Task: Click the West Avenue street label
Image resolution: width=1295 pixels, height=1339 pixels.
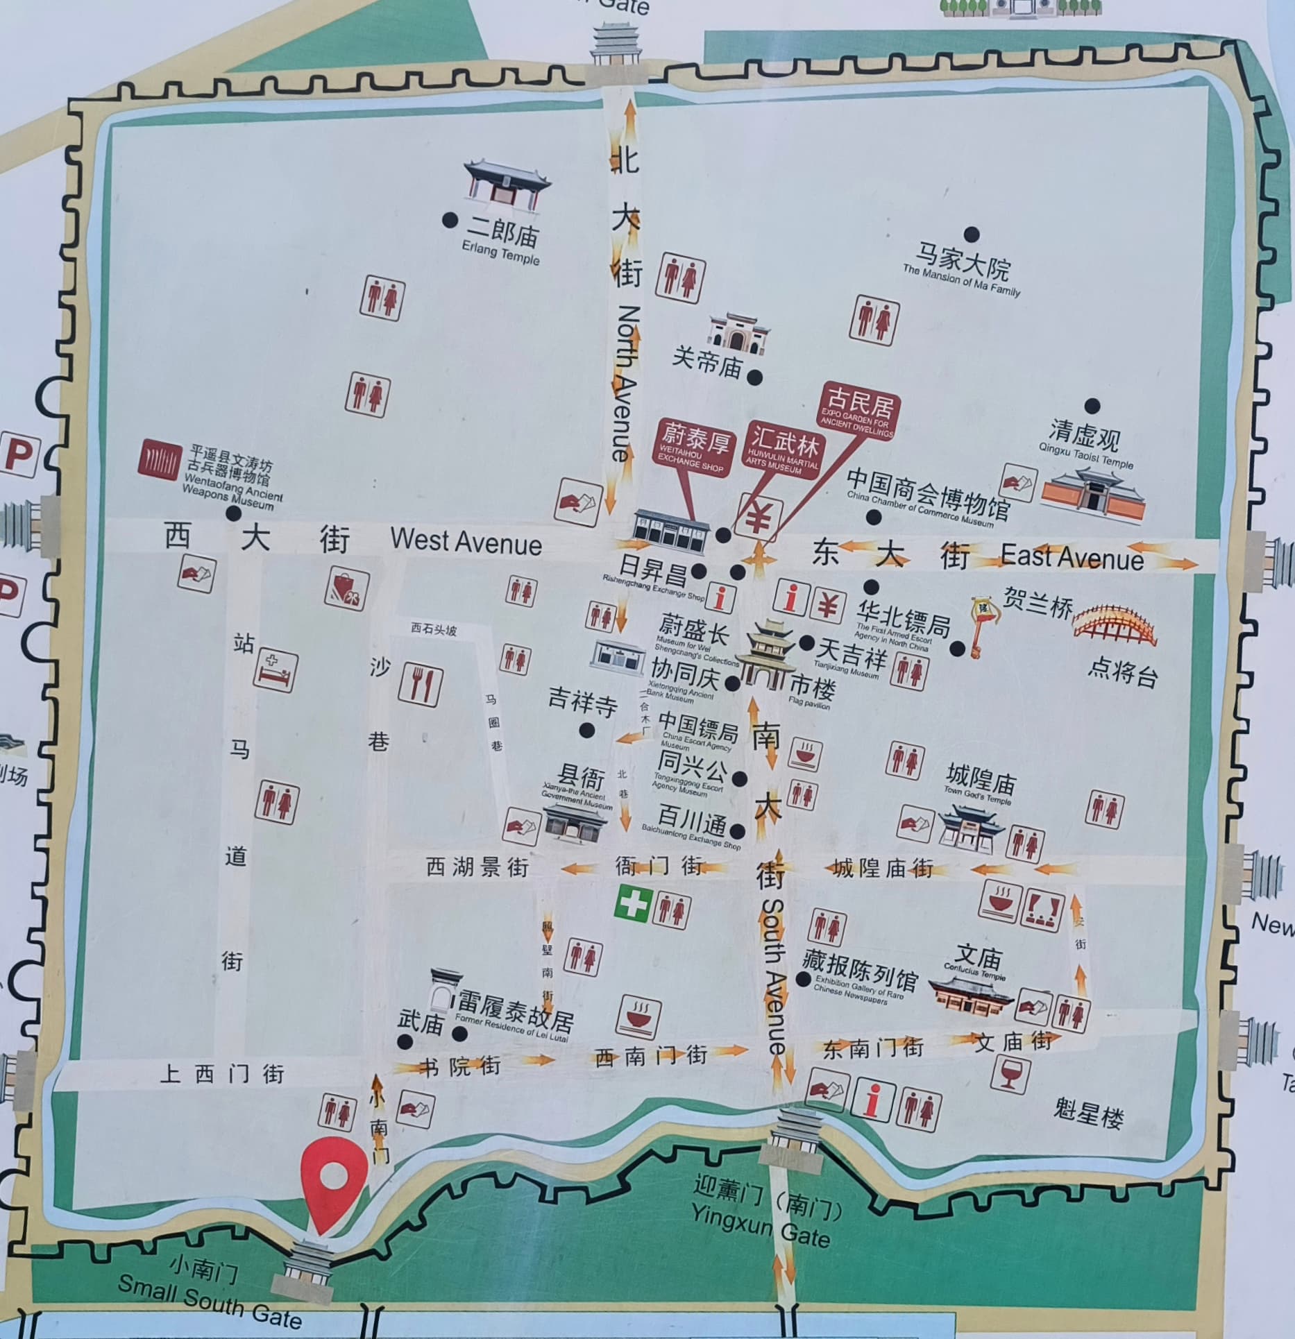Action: point(466,541)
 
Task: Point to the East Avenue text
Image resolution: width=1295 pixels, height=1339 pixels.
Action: point(1072,557)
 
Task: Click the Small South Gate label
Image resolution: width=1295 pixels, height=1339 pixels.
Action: point(210,1302)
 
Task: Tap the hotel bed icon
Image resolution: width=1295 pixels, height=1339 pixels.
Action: point(276,670)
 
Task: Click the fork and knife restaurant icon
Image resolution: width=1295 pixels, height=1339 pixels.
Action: point(421,685)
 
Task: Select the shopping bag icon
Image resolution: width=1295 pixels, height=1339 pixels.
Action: point(346,589)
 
